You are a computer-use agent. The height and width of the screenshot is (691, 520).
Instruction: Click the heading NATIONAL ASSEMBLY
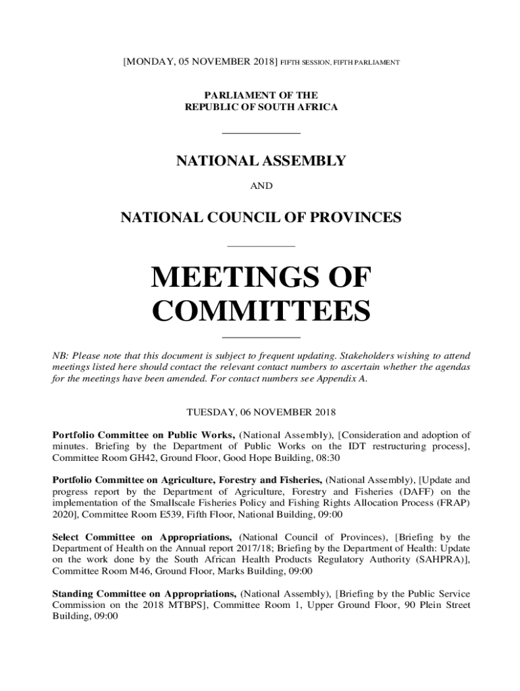pos(261,161)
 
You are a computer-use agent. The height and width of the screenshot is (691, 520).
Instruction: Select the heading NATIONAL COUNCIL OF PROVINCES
pos(261,218)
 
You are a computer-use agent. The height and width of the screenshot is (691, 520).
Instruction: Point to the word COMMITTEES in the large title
pos(261,312)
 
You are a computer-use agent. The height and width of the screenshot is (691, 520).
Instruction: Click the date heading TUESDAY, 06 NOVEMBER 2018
pos(261,411)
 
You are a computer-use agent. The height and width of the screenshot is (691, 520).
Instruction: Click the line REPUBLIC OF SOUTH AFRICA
pos(261,107)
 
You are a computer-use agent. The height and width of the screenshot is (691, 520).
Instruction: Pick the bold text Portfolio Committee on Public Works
pos(143,435)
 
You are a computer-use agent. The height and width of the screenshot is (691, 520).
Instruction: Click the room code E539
pos(139,515)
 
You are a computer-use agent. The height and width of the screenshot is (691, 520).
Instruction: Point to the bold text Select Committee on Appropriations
pos(143,537)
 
